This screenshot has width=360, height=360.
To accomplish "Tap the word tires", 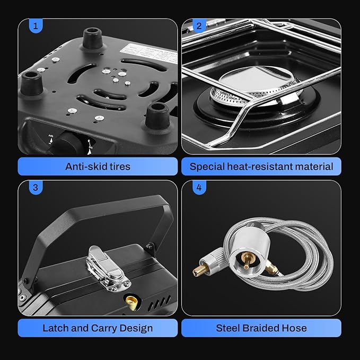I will tap(118, 166).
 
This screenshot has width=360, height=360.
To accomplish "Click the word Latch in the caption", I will tap(56, 328).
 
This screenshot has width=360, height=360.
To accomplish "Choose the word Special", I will tap(208, 166).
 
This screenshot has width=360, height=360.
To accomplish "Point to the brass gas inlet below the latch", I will tap(129, 301).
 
